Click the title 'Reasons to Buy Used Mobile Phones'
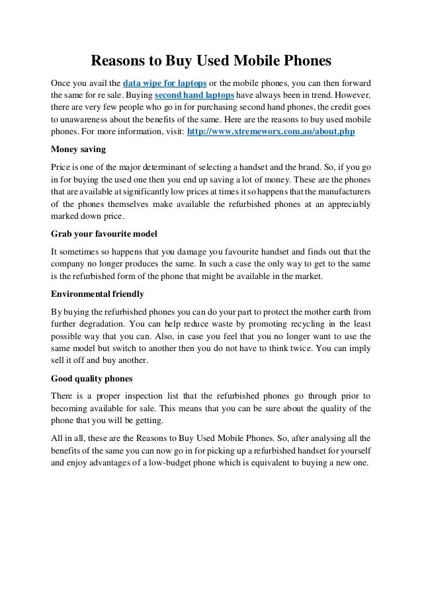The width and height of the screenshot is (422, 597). click(x=210, y=61)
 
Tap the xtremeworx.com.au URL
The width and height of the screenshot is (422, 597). click(x=271, y=132)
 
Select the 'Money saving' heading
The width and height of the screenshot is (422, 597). click(x=77, y=149)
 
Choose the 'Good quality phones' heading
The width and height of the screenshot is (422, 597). click(x=91, y=378)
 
